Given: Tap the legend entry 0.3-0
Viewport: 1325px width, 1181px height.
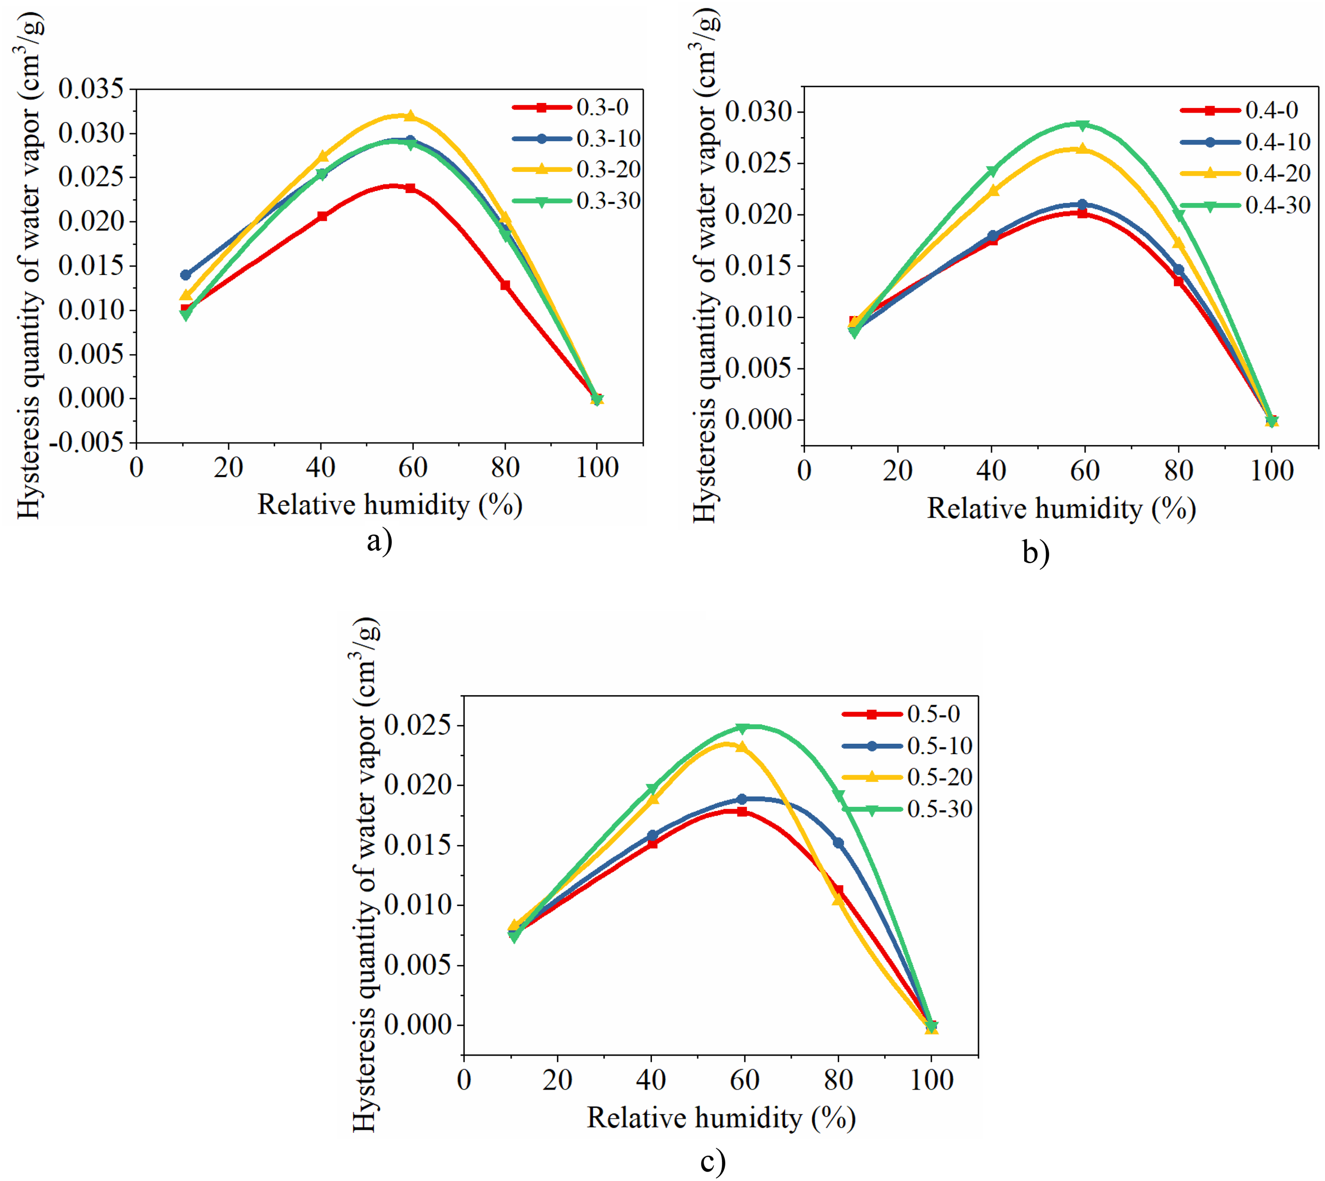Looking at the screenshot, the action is click(x=570, y=107).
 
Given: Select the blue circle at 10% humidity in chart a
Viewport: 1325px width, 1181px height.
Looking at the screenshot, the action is click(x=185, y=275).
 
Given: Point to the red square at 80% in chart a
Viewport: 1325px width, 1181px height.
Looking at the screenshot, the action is click(x=505, y=285).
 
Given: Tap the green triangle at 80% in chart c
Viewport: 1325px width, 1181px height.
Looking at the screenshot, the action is click(x=838, y=796).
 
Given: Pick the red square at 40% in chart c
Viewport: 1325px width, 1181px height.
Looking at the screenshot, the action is click(x=652, y=844).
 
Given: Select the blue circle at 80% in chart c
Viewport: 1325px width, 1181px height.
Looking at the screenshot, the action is click(x=838, y=842).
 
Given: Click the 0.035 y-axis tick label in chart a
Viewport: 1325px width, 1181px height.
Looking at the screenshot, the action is click(x=91, y=89).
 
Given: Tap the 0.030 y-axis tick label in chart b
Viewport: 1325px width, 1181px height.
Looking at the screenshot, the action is click(x=759, y=112).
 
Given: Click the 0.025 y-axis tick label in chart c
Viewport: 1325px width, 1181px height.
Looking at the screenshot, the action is click(x=418, y=725).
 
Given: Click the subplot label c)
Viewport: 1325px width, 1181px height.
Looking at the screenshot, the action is click(x=713, y=1162).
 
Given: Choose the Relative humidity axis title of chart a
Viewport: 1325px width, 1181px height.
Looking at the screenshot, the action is click(x=390, y=505).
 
